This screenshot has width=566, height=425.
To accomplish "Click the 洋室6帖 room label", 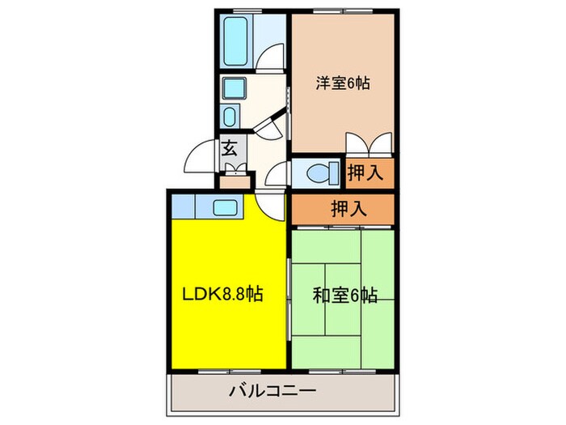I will (x=343, y=82).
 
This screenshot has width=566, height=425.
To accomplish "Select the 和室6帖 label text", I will (x=344, y=295).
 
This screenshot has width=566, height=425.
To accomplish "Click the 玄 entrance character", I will (x=230, y=149).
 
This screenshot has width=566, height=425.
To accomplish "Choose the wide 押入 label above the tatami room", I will (x=348, y=208).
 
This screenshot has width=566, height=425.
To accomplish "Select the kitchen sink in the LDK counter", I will (x=226, y=206).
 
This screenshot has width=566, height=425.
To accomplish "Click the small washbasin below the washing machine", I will (x=229, y=114).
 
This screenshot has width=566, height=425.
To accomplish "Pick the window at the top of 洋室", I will (x=343, y=12).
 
